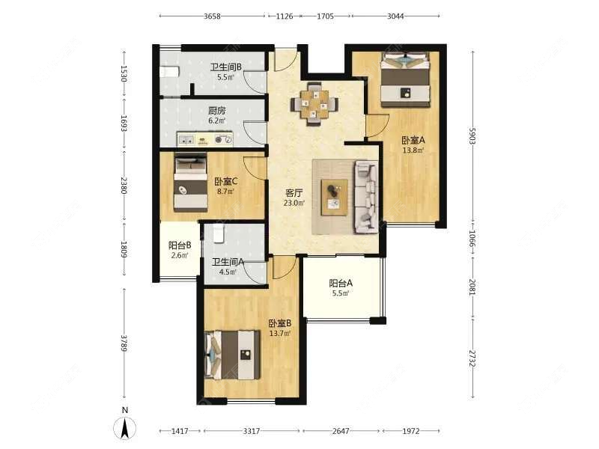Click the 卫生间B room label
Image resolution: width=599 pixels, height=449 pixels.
[x=226, y=67]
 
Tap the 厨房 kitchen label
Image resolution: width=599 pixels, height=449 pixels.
[x=217, y=111]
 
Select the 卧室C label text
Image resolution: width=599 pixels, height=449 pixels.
[x=226, y=181]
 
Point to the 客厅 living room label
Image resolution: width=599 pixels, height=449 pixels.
[x=294, y=193]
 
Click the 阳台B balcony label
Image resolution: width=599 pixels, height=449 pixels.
[x=180, y=245]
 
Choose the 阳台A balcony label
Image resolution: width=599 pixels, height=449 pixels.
[x=341, y=284]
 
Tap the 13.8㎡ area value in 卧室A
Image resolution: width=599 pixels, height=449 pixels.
[x=413, y=150]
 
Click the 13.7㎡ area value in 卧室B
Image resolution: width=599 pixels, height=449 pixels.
[x=280, y=333]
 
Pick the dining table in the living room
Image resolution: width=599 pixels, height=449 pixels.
[x=314, y=104]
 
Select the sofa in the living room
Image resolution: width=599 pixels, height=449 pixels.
[x=367, y=197]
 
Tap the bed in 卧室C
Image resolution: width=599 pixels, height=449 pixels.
[x=191, y=183]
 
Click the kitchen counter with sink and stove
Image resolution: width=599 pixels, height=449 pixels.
[x=204, y=139]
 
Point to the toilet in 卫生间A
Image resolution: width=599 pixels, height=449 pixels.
[x=218, y=233]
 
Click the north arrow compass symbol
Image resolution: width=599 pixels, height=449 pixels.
[x=124, y=427]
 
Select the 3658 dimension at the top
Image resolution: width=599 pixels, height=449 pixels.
[x=212, y=16]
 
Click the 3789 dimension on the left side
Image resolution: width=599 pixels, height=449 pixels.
[x=124, y=343]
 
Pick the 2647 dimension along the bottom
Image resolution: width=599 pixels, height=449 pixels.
[x=341, y=431]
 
